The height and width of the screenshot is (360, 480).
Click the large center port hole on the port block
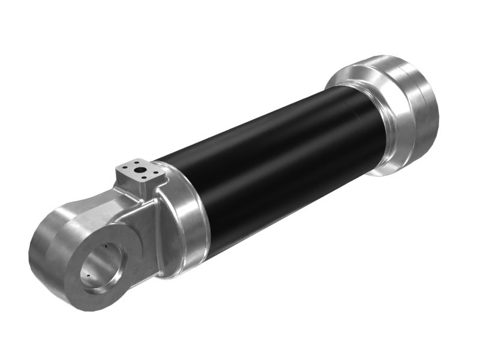click(x=140, y=170)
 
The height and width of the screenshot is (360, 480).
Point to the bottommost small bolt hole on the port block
click(x=142, y=179)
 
